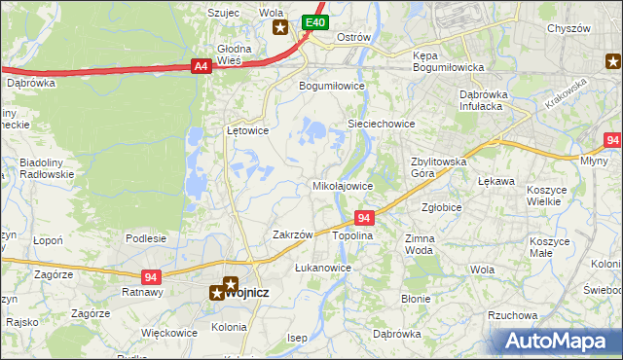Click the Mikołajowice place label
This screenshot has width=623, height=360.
coord(342,185)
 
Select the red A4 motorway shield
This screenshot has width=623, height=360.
coord(201,66)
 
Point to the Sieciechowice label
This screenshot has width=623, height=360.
coord(382,125)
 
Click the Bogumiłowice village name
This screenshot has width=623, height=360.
coord(331,86)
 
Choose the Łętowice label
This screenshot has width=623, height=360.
coord(247,129)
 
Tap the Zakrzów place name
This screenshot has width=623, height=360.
coord(292,234)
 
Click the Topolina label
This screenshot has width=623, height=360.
coord(353,236)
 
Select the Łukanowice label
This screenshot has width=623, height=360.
coord(322,267)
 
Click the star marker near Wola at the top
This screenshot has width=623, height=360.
coord(280,27)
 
